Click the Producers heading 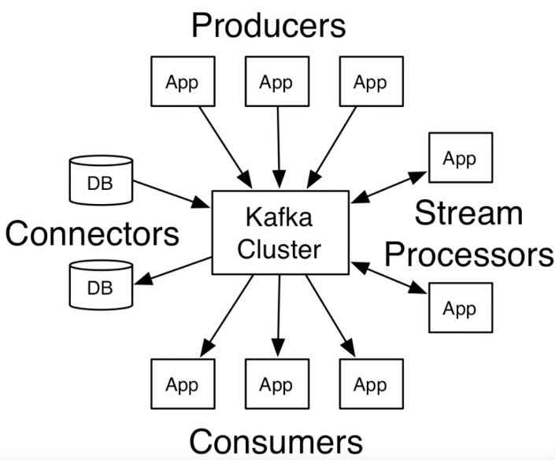[x=268, y=25]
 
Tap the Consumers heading [x=276, y=440]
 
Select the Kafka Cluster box [x=280, y=232]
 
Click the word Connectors [x=92, y=233]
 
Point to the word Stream [x=468, y=213]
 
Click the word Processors [x=469, y=254]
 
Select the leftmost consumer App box [x=182, y=385]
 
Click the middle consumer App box [x=276, y=385]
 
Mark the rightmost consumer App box [x=370, y=385]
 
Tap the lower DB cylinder [x=100, y=285]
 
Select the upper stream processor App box [x=460, y=158]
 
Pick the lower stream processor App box [x=460, y=307]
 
